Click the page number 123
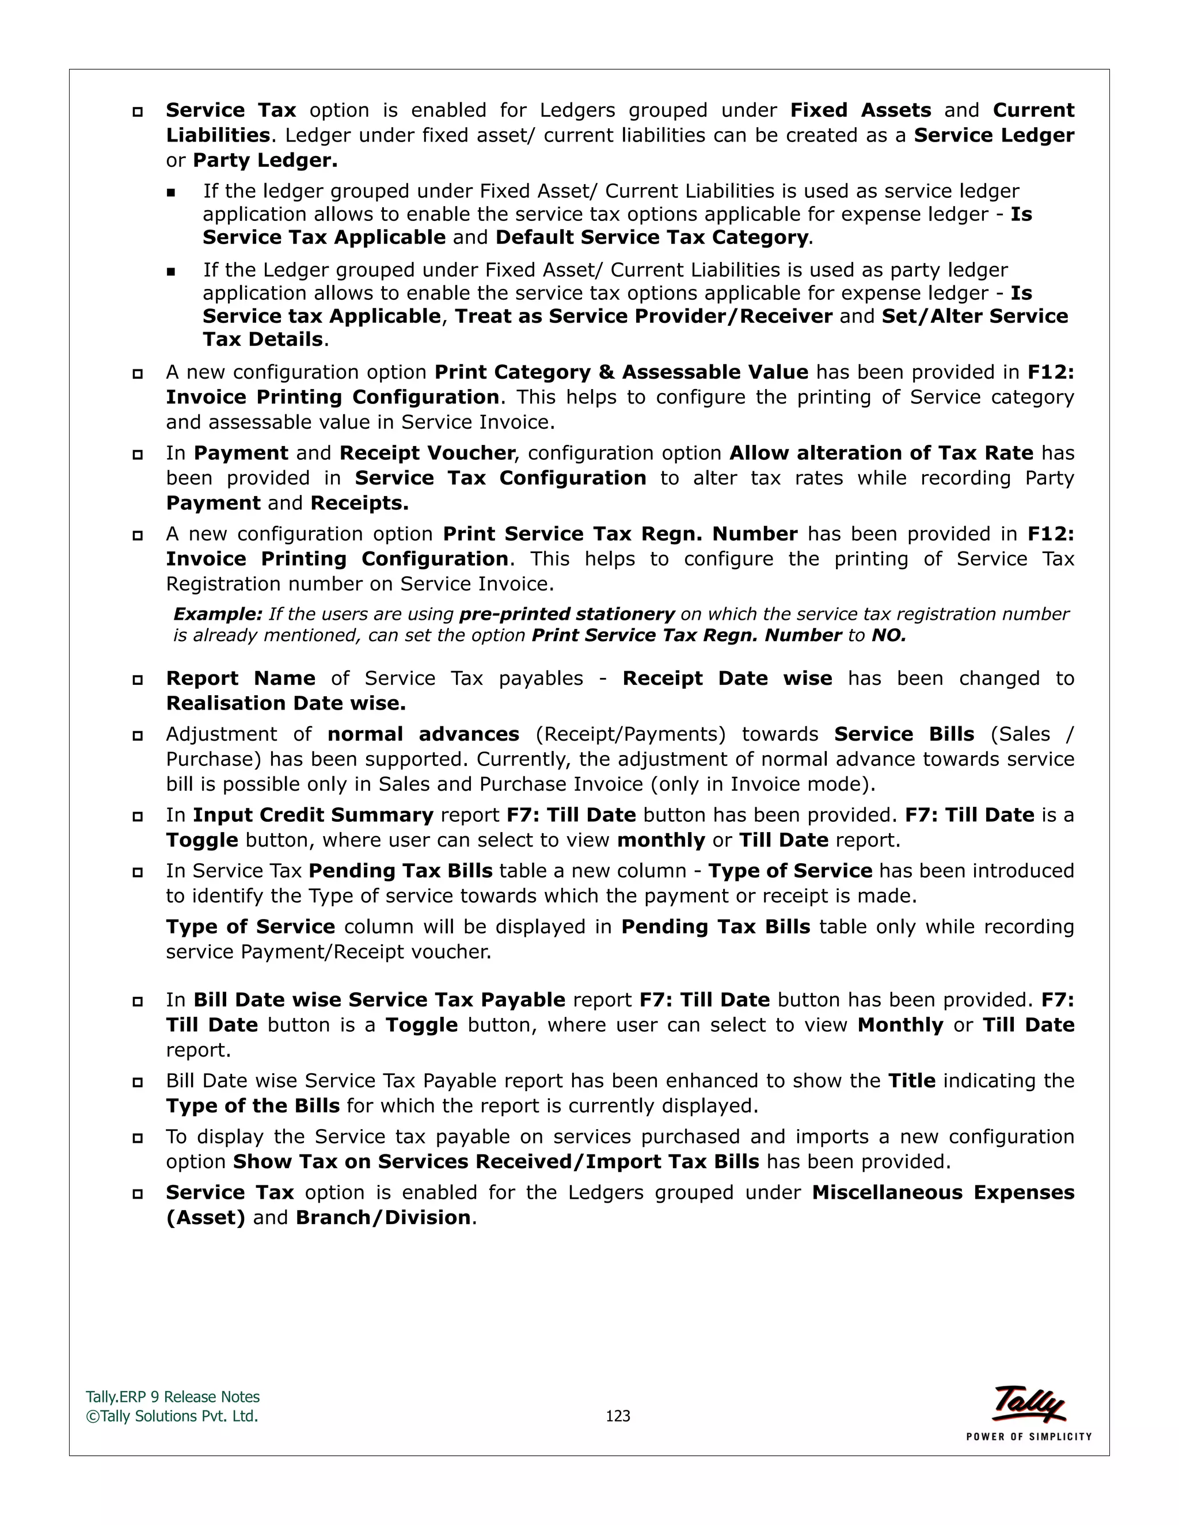pos(618,1416)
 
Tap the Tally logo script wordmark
pos(1029,1403)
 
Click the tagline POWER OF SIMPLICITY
pos(1028,1436)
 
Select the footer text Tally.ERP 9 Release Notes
pos(173,1397)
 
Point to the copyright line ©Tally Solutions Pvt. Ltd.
pos(172,1416)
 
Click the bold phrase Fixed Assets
pos(860,110)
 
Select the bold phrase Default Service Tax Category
pos(651,238)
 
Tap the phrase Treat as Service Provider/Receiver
pos(643,317)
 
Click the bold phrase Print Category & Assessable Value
pos(621,372)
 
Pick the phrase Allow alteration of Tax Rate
pos(881,453)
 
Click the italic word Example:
pos(217,615)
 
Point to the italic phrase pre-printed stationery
pos(566,615)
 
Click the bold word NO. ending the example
pos(888,635)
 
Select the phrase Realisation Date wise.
pos(286,703)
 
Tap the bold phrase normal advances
pos(423,734)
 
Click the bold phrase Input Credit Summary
pos(313,815)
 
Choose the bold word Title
pos(911,1081)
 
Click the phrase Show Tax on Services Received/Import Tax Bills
pos(495,1162)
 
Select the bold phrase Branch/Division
pos(383,1218)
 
